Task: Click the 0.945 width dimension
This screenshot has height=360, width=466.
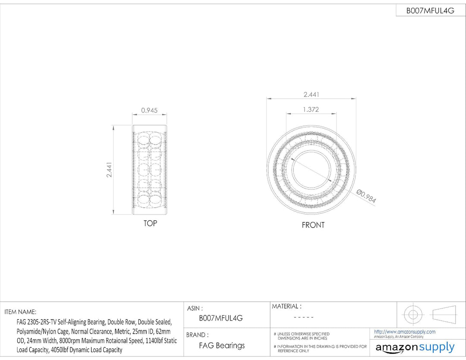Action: (149, 111)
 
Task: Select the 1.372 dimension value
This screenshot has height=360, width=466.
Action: (311, 109)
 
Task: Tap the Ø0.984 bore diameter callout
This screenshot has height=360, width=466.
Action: (366, 196)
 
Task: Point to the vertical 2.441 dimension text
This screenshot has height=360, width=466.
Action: (109, 170)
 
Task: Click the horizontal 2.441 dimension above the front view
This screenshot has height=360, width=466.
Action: (311, 94)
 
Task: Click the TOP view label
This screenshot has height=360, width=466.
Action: (150, 223)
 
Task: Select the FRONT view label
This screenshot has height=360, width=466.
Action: (313, 225)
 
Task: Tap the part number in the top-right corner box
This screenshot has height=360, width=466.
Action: (430, 11)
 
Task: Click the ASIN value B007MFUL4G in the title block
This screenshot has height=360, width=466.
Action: (220, 318)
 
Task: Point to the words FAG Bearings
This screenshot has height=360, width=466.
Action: (222, 345)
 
